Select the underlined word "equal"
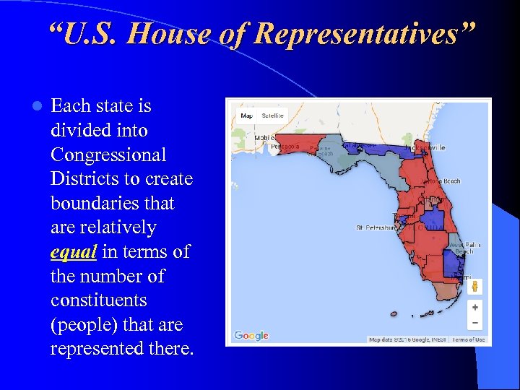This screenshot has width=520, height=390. click(x=74, y=252)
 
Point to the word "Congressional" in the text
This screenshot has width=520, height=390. click(x=108, y=155)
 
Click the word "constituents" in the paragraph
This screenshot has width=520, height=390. click(x=98, y=300)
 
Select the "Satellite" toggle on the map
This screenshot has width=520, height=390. click(x=273, y=116)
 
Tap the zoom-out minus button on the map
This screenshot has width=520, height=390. click(x=474, y=323)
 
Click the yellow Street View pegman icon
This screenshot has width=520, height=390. click(x=474, y=287)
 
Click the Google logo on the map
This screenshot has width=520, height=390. click(x=251, y=336)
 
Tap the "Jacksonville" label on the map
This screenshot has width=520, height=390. click(x=426, y=148)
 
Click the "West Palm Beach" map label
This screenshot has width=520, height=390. click(x=465, y=248)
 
